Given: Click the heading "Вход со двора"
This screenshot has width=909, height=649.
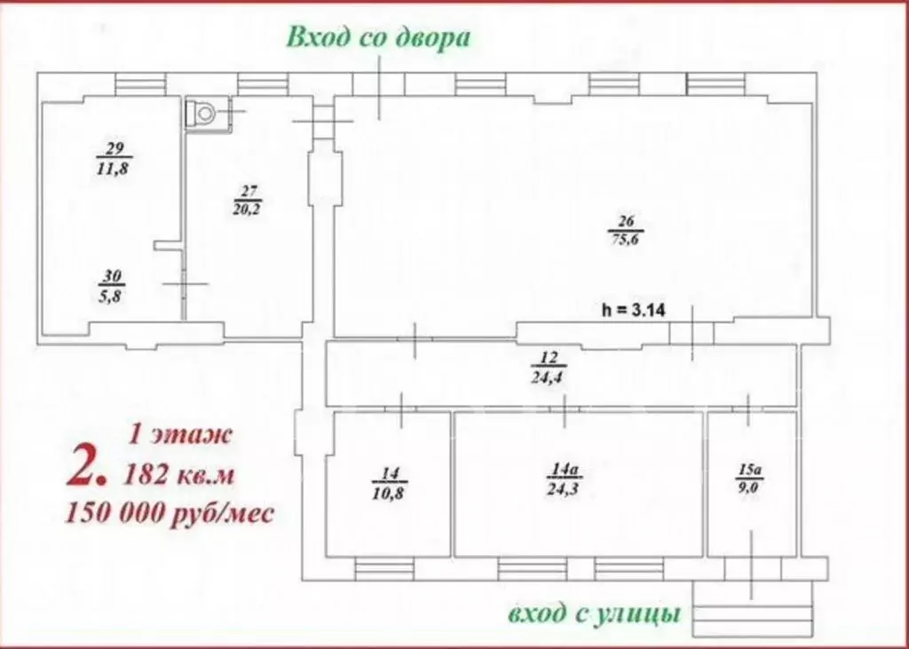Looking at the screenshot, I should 376,37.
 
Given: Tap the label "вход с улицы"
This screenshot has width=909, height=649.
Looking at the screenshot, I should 595,614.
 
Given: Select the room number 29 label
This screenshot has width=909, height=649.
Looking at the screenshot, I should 114,148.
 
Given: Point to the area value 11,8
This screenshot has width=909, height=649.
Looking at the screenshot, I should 114,169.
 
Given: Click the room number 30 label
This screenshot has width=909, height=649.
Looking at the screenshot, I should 113,277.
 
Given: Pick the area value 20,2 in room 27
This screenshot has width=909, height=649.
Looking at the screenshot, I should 248,208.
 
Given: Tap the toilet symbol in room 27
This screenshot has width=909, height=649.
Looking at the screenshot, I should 203,115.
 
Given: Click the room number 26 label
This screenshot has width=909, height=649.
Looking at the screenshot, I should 625,221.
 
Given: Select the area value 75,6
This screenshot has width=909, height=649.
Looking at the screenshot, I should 625,238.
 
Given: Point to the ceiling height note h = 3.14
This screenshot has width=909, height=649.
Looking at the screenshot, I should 634,310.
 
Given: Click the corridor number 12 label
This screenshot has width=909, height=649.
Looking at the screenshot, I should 547,360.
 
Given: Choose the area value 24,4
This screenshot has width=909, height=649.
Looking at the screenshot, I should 547,376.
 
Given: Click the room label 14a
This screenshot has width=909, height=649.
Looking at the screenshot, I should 563,469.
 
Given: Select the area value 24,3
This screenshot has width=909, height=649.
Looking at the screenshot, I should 563,487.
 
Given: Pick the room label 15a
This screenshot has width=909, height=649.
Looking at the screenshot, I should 749,469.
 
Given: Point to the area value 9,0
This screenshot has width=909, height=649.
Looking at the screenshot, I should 749,487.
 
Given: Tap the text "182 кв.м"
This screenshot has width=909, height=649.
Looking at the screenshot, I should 181,475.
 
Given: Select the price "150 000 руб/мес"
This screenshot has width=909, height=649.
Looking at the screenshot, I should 169,513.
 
